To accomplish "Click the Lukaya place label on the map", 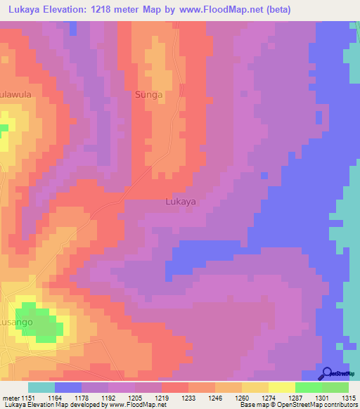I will pos(180,202).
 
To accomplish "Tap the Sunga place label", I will pos(148,94).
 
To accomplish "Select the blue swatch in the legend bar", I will pos(68,387).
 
